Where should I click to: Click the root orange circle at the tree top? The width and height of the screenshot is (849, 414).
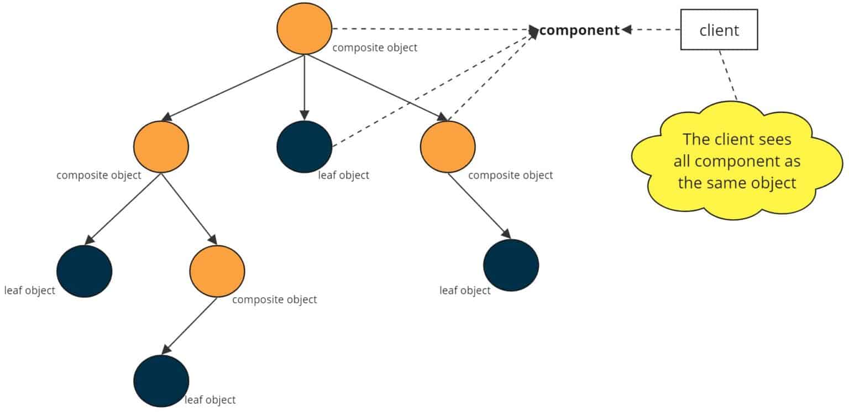click(x=305, y=29)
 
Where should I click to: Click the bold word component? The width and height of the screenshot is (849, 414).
click(x=579, y=30)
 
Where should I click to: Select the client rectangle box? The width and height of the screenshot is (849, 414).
click(x=719, y=30)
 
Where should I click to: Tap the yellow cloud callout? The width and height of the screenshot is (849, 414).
click(x=737, y=161)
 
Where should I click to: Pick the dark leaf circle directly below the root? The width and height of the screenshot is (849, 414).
click(x=305, y=147)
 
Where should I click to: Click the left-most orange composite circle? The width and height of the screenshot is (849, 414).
click(x=161, y=147)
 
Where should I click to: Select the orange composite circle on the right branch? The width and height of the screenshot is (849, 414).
click(x=448, y=147)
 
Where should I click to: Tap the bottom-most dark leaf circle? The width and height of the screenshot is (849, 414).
click(x=161, y=381)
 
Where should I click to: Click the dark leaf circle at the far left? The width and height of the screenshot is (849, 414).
click(x=85, y=271)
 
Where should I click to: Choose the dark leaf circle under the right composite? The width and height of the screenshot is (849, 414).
click(x=511, y=265)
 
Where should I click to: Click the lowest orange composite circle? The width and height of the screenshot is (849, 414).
click(x=217, y=271)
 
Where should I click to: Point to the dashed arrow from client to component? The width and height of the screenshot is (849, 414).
click(x=652, y=30)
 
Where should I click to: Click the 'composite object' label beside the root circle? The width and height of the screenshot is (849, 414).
click(x=375, y=48)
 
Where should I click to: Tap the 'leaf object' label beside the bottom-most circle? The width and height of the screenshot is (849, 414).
click(x=210, y=400)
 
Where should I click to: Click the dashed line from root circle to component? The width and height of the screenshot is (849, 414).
click(x=431, y=29)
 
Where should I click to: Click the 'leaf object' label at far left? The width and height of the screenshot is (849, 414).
click(x=30, y=290)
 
